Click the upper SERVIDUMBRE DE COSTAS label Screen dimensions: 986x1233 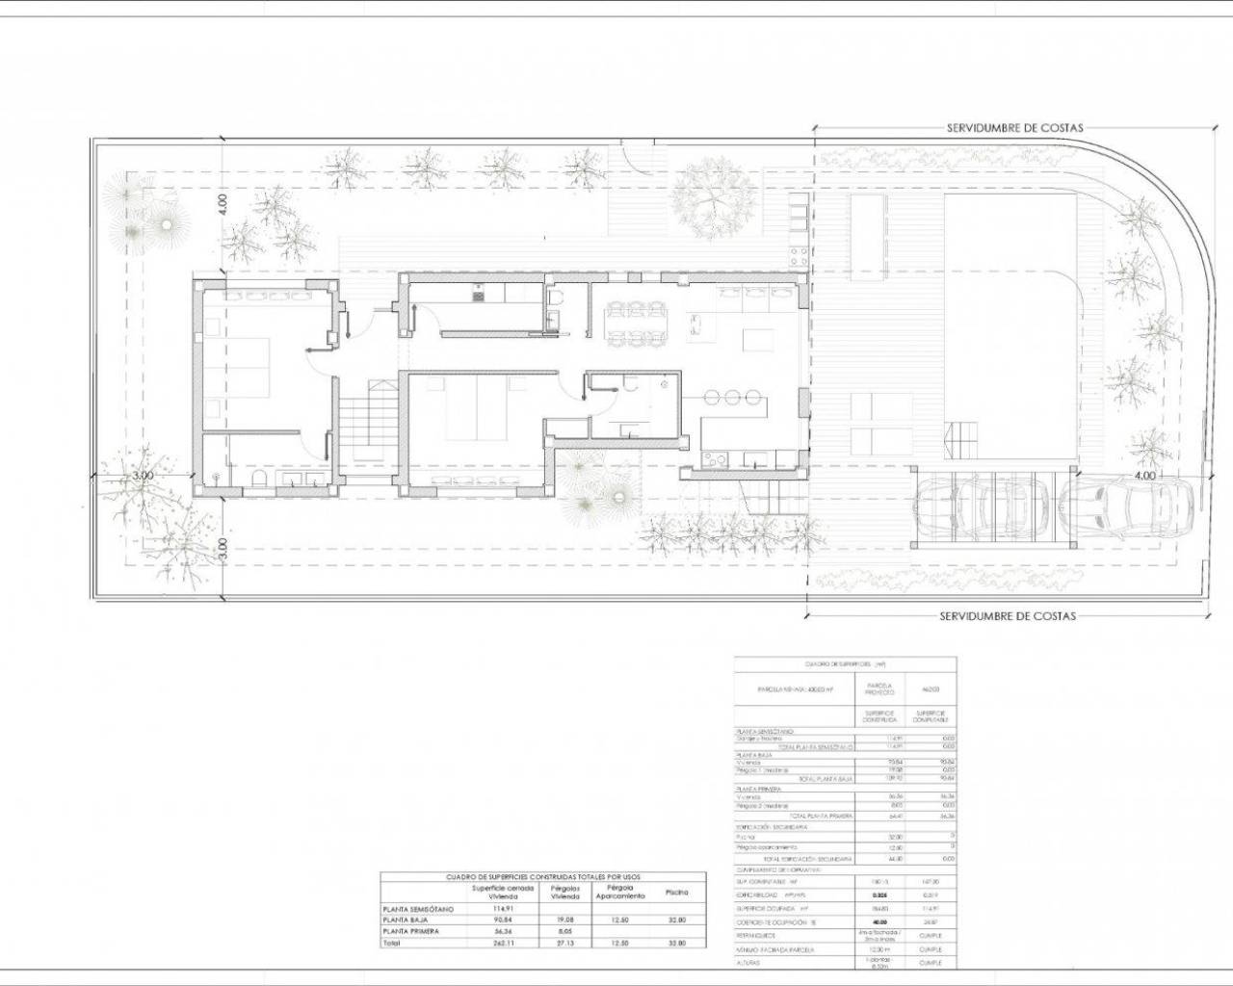[1014, 127]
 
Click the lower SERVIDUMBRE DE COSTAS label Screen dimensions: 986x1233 [1008, 616]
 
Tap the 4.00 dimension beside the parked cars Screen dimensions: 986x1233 [1144, 476]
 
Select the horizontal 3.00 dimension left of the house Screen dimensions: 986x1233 [143, 476]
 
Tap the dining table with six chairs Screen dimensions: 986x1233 [635, 323]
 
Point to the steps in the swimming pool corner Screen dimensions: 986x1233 [961, 442]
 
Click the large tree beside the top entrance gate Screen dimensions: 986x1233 [715, 194]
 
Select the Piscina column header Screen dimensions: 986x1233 [676, 893]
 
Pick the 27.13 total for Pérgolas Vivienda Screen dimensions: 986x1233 [565, 944]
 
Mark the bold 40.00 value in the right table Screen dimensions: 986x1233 [879, 921]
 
